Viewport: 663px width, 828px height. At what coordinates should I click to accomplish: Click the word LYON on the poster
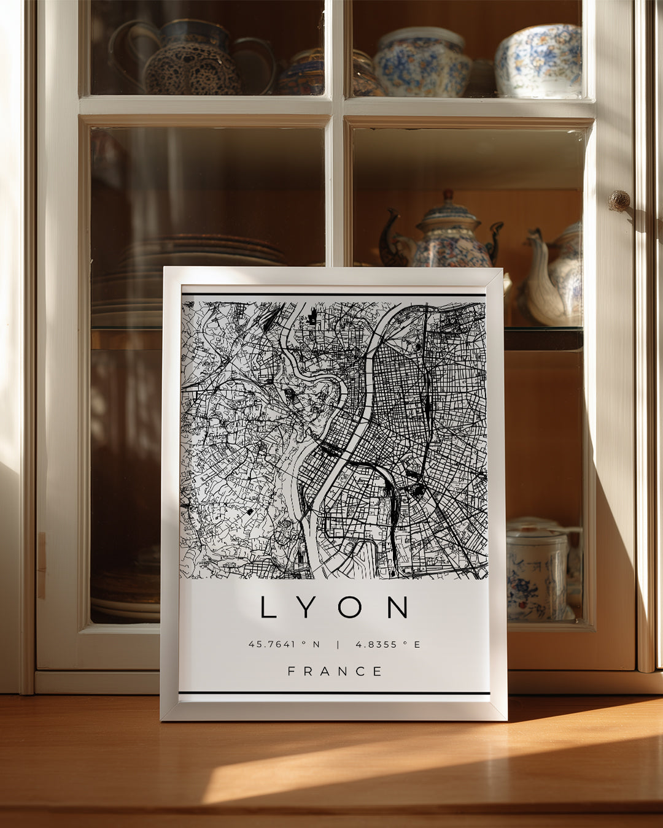point(335,607)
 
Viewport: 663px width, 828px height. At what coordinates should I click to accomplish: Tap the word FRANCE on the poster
point(335,671)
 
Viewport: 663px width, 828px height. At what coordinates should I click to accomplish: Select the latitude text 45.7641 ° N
point(284,645)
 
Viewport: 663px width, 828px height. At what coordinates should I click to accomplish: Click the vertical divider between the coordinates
point(337,645)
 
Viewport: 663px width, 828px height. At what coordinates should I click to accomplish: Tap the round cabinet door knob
point(619,200)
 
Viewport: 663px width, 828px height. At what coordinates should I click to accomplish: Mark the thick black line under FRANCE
point(335,693)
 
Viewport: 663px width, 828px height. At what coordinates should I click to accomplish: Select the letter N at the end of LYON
point(398,607)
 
